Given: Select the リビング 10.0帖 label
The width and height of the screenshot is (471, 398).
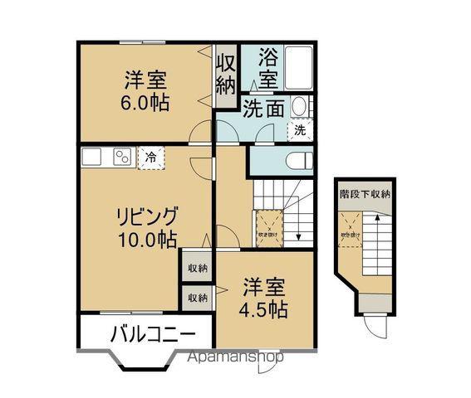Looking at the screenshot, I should tap(146, 228).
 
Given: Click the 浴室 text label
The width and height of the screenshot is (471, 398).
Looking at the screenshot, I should tap(267, 68).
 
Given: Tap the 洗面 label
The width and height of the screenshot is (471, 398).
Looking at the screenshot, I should tap(265, 108).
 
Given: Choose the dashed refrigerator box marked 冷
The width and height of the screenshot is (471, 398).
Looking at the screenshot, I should tap(150, 157).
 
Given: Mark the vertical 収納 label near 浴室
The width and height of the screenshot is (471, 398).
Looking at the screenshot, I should tap(225, 75).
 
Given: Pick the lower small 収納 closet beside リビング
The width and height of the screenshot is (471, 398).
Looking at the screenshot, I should tap(197, 296).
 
